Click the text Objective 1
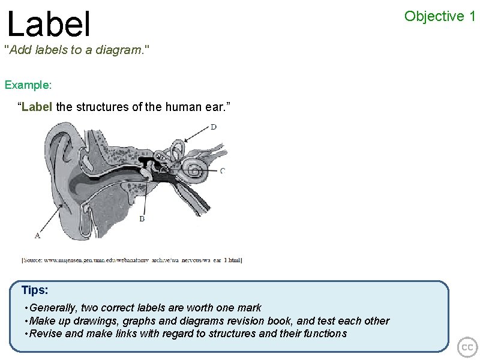(440, 16)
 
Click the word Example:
(28, 85)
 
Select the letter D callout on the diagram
(214, 127)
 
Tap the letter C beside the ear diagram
(223, 171)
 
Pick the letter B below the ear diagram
(142, 219)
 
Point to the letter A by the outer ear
(38, 235)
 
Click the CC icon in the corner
(467, 347)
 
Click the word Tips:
(35, 290)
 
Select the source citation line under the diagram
(131, 260)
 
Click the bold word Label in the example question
(37, 107)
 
